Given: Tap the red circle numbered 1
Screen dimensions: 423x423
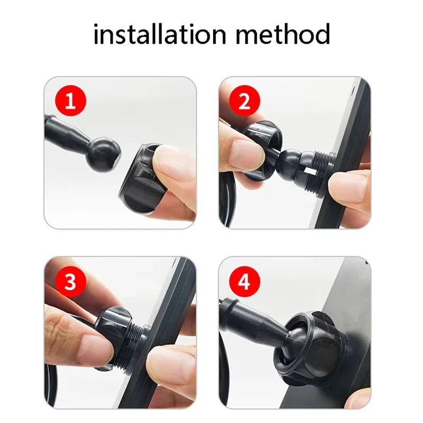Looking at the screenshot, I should pos(70,101).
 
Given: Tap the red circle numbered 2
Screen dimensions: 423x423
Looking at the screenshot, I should pos(244,101).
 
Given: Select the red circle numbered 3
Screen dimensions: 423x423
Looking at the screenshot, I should pos(70,281).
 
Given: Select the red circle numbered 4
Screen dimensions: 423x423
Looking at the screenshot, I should pos(244,281).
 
